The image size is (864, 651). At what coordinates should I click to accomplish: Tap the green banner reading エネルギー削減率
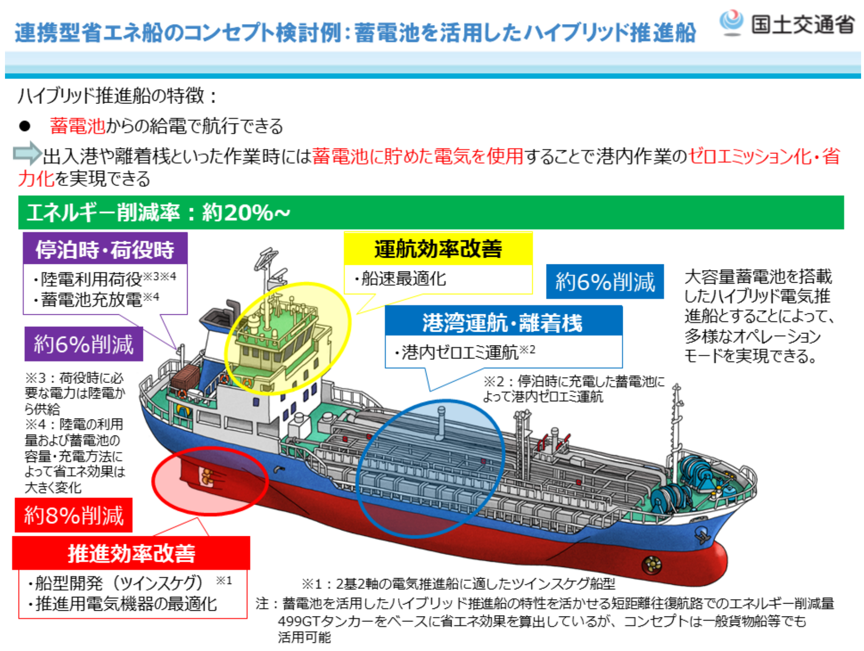click(430, 212)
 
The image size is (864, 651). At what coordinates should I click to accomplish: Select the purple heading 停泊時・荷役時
click(105, 249)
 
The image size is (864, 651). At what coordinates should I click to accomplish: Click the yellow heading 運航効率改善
click(438, 249)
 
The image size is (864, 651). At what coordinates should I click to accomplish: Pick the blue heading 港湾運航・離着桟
click(503, 322)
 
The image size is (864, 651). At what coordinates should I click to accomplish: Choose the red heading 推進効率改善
click(131, 553)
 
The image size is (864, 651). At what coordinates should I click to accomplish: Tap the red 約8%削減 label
click(74, 515)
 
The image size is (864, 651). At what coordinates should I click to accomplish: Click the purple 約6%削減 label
click(84, 344)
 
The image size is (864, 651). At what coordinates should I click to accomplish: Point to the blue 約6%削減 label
click(605, 281)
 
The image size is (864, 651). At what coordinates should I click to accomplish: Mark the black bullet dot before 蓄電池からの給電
click(25, 126)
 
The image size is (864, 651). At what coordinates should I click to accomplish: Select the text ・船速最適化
click(400, 279)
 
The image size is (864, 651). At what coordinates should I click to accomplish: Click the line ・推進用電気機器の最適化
click(123, 604)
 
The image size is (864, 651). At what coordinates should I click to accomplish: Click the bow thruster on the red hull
click(652, 564)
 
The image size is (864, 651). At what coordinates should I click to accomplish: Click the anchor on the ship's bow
click(702, 535)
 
